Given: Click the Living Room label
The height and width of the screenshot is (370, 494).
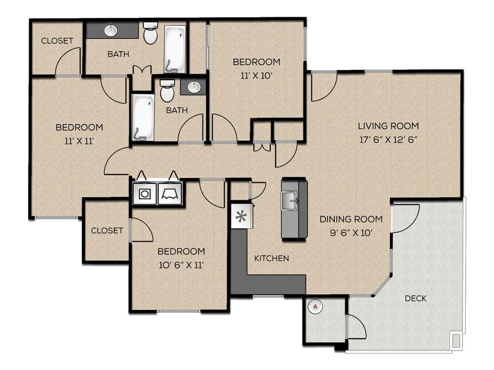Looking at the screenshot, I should [x=388, y=126].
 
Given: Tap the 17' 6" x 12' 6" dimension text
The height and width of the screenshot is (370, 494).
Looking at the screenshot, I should [x=388, y=139].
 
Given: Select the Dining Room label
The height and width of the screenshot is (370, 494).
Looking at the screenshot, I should [x=351, y=219].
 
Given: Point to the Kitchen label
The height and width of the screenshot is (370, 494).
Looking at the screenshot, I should [x=271, y=258].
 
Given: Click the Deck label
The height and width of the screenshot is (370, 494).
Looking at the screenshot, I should [x=415, y=298].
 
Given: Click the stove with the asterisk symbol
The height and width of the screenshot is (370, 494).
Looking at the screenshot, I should [x=242, y=216].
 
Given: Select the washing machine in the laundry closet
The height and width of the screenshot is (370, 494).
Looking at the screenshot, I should [x=144, y=193].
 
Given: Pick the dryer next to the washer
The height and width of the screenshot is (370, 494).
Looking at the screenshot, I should [x=169, y=193].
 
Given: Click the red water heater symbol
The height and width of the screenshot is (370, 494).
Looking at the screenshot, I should [x=315, y=307].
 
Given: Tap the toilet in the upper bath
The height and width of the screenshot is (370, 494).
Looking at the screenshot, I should [x=150, y=33].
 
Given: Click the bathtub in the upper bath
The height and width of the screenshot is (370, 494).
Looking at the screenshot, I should [x=174, y=49].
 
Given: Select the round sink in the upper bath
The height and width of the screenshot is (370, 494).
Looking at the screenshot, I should [x=111, y=31].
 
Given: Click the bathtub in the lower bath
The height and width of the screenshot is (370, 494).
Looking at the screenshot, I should [x=143, y=117].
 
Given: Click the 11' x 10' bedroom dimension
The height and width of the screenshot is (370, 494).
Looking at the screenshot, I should [x=256, y=76].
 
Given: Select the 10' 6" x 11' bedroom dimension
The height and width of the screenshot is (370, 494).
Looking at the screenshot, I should [x=181, y=265].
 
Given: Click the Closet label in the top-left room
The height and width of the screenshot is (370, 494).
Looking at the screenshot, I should [x=57, y=41].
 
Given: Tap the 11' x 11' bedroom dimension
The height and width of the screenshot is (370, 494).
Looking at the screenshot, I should [x=79, y=141].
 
